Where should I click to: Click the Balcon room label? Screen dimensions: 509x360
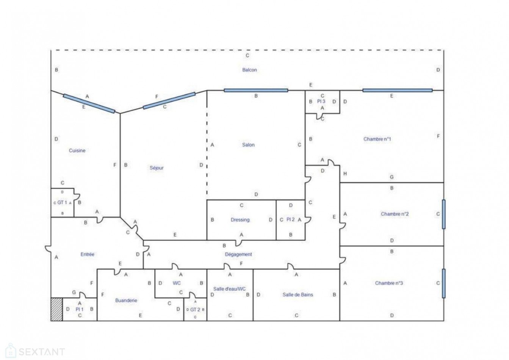[249, 70]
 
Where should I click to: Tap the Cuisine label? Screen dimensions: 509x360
[77, 150]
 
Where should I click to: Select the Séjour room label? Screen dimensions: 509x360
[157, 168]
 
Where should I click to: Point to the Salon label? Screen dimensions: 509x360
[248, 145]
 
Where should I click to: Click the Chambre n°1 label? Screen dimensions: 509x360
[377, 139]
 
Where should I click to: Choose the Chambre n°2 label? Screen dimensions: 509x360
[395, 214]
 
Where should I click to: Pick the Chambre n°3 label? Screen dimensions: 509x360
[389, 283]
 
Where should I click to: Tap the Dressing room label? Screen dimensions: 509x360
[240, 220]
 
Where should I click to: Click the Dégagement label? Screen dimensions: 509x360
[238, 254]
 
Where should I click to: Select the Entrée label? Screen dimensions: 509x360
[87, 254]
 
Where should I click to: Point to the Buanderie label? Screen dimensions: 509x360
[126, 300]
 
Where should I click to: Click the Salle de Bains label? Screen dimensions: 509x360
[298, 294]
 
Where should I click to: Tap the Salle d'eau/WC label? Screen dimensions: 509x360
[230, 289]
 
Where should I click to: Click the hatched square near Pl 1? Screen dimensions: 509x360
[56, 309]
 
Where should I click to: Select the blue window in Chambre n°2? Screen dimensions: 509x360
[443, 214]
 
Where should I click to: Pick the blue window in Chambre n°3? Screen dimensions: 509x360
[443, 283]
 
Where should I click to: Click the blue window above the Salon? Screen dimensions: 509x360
[256, 90]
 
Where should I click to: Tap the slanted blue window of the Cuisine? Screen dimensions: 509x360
[89, 103]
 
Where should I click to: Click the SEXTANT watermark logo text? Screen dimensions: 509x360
[42, 352]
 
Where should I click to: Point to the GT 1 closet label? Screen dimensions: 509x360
[62, 202]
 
